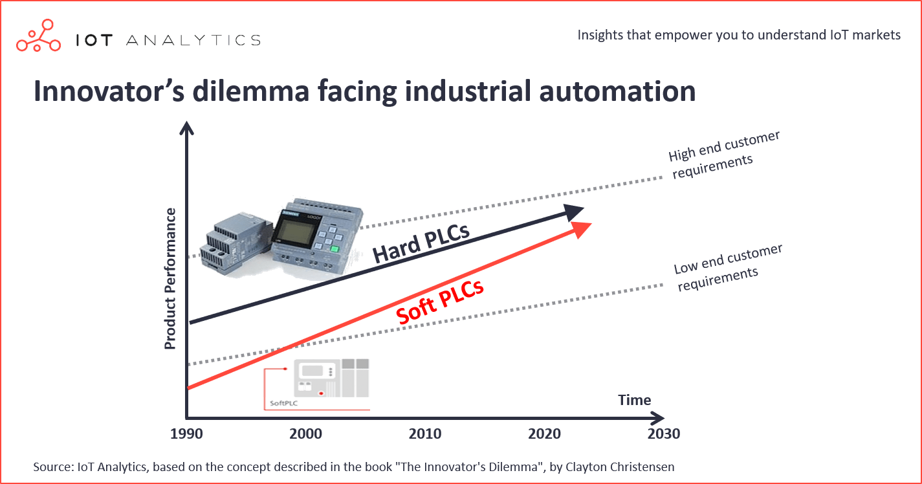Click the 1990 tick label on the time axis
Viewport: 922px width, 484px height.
[x=186, y=434]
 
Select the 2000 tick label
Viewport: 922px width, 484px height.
[x=305, y=434]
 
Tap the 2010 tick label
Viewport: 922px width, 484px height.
[x=425, y=434]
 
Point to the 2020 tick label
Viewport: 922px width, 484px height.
[x=544, y=434]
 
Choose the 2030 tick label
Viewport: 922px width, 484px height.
[x=663, y=434]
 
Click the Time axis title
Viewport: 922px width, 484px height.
[x=634, y=400]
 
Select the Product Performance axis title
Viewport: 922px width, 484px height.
[x=170, y=279]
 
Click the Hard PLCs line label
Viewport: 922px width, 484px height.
[x=421, y=243]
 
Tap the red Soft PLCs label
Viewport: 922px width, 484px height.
[x=439, y=302]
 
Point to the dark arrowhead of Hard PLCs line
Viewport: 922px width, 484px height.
[x=574, y=212]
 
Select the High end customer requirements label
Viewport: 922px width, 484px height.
[x=723, y=155]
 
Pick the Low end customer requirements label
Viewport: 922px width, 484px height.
[x=728, y=267]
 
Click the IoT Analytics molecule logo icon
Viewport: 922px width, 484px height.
[x=38, y=36]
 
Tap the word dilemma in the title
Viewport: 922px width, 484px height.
[x=250, y=91]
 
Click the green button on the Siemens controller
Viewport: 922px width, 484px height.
[x=335, y=248]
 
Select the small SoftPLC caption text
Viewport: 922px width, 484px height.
[x=283, y=403]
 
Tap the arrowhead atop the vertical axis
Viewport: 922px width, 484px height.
[x=186, y=127]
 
